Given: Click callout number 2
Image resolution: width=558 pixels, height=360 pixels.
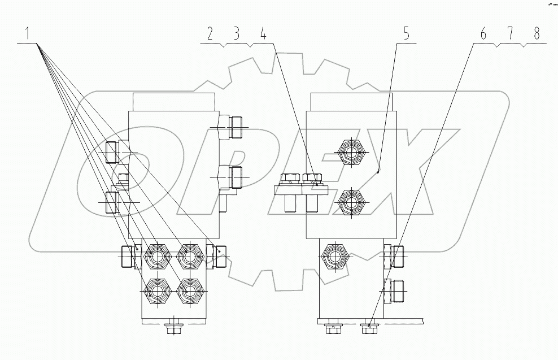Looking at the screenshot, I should pos(210,34).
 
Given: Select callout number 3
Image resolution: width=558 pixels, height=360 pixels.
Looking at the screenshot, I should pos(237,34).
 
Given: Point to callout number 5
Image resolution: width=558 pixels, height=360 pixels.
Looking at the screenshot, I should pos(407,34).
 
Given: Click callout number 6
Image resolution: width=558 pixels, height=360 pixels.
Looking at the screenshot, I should pos(483,34).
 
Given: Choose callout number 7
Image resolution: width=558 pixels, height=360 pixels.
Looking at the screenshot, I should pos(510,34).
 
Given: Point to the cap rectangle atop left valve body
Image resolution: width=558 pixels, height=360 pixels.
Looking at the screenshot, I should pos(173,102).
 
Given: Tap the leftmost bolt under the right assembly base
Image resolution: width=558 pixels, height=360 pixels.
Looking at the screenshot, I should pos(332,327).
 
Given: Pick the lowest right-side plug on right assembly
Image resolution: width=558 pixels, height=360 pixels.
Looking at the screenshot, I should pos(395,290).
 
